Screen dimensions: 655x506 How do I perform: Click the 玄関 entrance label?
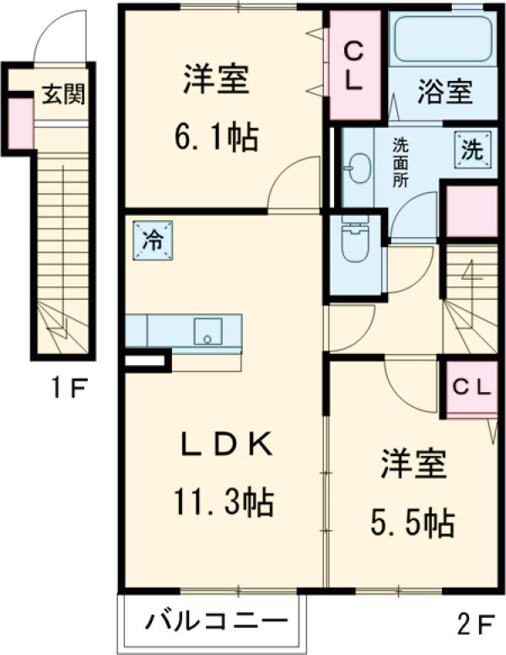point(64,94)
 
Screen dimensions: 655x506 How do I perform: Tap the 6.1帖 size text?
point(216,137)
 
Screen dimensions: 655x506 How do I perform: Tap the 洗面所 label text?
point(402,161)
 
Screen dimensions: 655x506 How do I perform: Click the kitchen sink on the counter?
point(207,330)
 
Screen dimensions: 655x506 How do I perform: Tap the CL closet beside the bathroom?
point(353,66)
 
